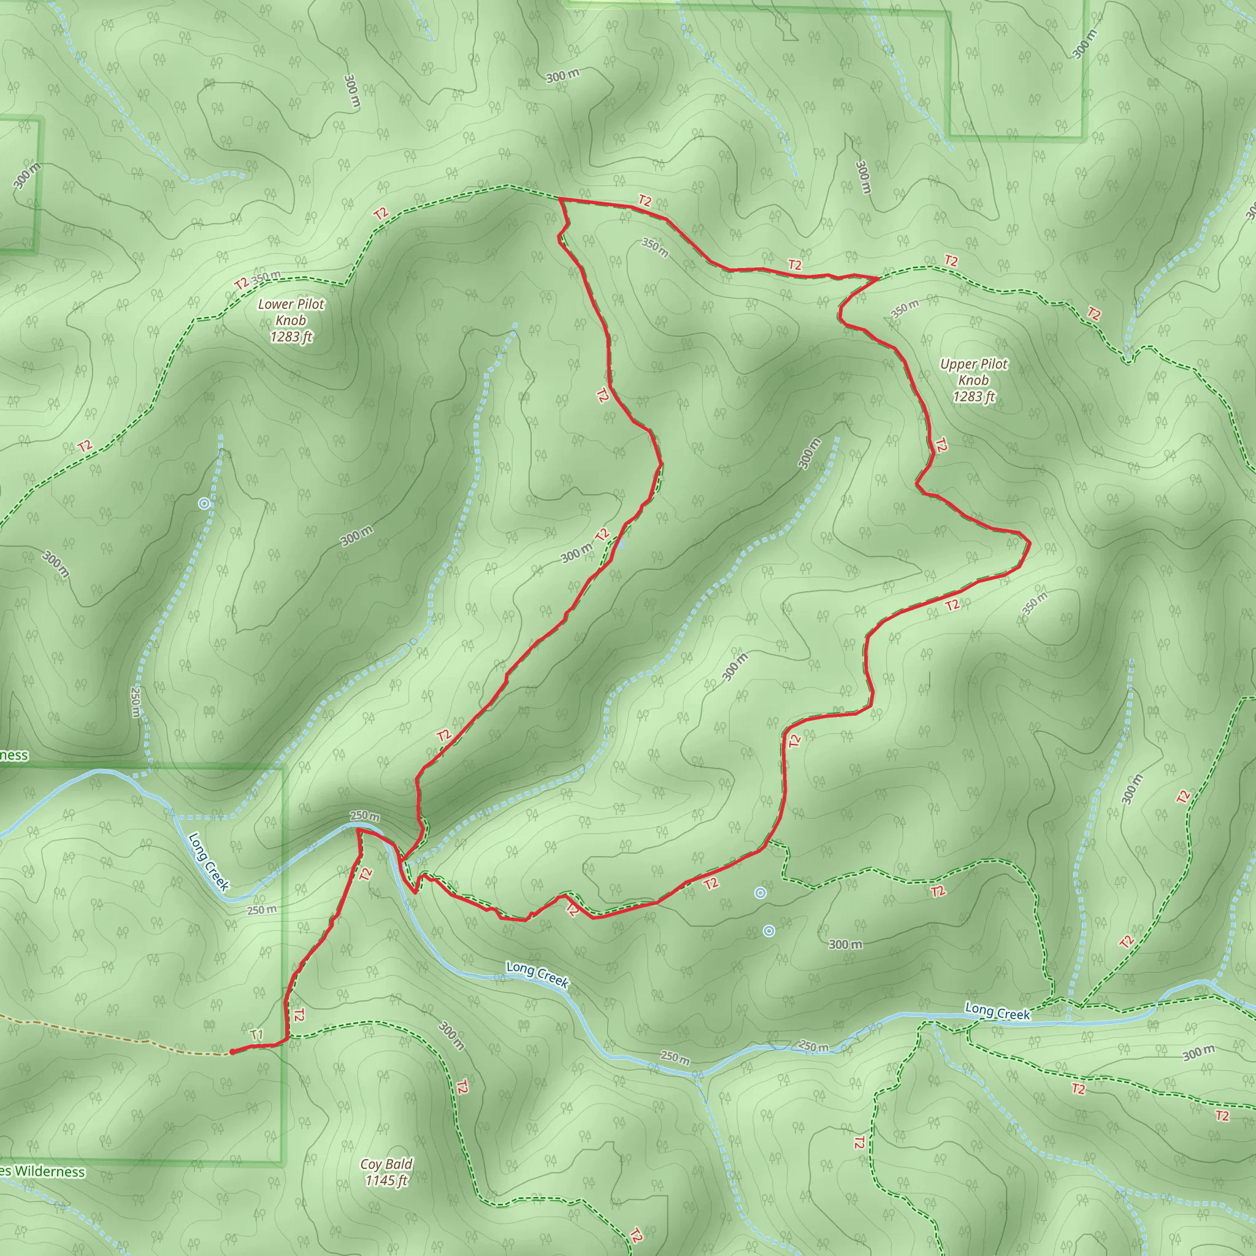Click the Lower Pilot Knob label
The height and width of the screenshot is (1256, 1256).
(x=291, y=320)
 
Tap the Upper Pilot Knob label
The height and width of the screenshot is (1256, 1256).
(x=973, y=380)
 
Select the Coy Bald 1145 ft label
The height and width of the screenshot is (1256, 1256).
(x=386, y=1171)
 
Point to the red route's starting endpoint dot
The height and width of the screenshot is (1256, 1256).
(x=232, y=1051)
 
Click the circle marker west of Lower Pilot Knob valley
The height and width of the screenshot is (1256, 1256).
(x=204, y=503)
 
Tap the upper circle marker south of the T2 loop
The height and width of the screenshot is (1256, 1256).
(x=760, y=893)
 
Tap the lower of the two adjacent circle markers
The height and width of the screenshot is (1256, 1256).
(x=769, y=931)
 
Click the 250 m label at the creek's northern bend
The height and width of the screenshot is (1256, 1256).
(x=365, y=815)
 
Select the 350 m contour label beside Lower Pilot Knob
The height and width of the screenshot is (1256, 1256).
(x=266, y=277)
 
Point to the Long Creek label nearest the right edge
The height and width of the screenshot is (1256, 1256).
(x=997, y=1012)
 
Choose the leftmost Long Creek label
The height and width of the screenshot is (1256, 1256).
(x=209, y=862)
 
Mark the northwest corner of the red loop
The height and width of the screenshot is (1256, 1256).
(x=560, y=199)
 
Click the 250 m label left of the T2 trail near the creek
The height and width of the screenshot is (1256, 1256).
(x=261, y=910)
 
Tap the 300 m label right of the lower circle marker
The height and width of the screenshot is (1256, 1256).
(x=845, y=944)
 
